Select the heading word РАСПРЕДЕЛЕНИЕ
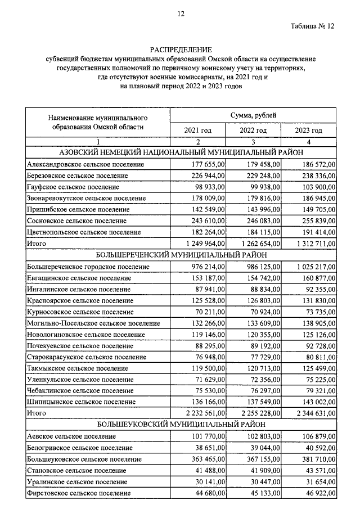181,49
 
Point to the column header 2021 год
197,130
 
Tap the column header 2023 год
309,130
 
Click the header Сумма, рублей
253,115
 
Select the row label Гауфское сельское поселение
73,187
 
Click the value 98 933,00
206,187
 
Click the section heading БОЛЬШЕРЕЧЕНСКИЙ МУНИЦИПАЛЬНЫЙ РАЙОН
181,255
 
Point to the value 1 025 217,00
313,266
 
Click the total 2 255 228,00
258,413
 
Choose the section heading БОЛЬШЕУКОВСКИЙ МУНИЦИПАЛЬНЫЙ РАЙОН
181,425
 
